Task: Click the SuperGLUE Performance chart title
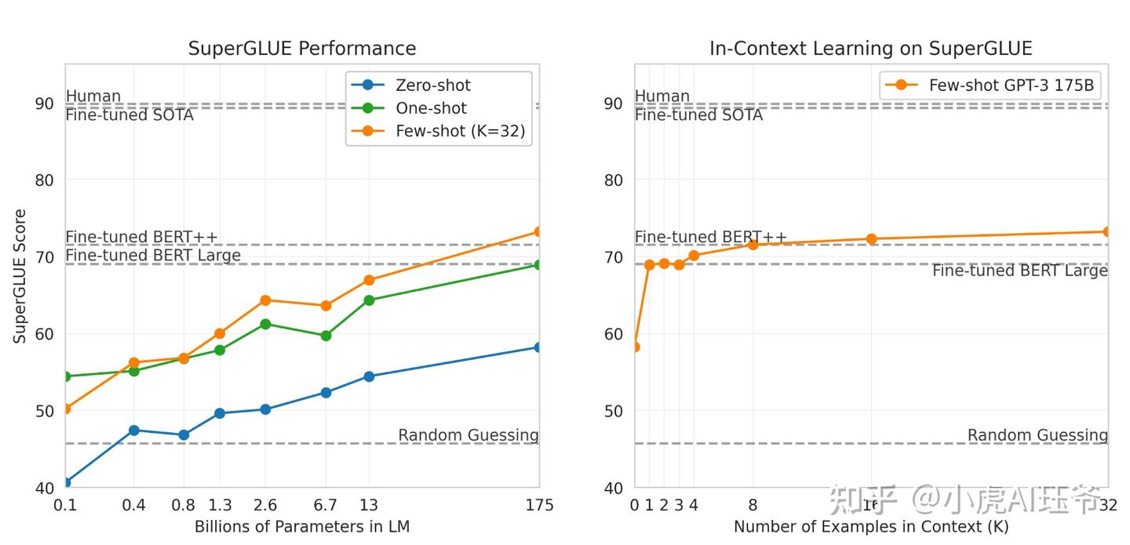[x=302, y=49]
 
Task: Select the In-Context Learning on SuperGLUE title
[x=870, y=49]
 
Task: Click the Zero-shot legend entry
[x=432, y=85]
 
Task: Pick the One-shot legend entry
[x=431, y=108]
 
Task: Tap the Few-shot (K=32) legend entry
[x=460, y=132]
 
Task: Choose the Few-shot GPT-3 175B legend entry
[x=1011, y=85]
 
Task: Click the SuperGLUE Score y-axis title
[x=20, y=276]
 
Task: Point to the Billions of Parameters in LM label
[x=302, y=526]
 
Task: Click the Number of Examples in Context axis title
[x=870, y=526]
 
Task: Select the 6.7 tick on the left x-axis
[x=325, y=505]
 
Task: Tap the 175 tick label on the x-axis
[x=538, y=505]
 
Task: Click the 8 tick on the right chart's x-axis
[x=753, y=505]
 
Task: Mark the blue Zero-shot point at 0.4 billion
[x=133, y=431]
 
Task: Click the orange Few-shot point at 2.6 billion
[x=265, y=300]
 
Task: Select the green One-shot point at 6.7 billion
[x=325, y=336]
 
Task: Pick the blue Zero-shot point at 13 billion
[x=369, y=376]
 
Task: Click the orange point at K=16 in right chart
[x=871, y=238]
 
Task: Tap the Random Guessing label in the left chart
[x=468, y=435]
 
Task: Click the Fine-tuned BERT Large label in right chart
[x=1019, y=271]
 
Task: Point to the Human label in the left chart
[x=93, y=96]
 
